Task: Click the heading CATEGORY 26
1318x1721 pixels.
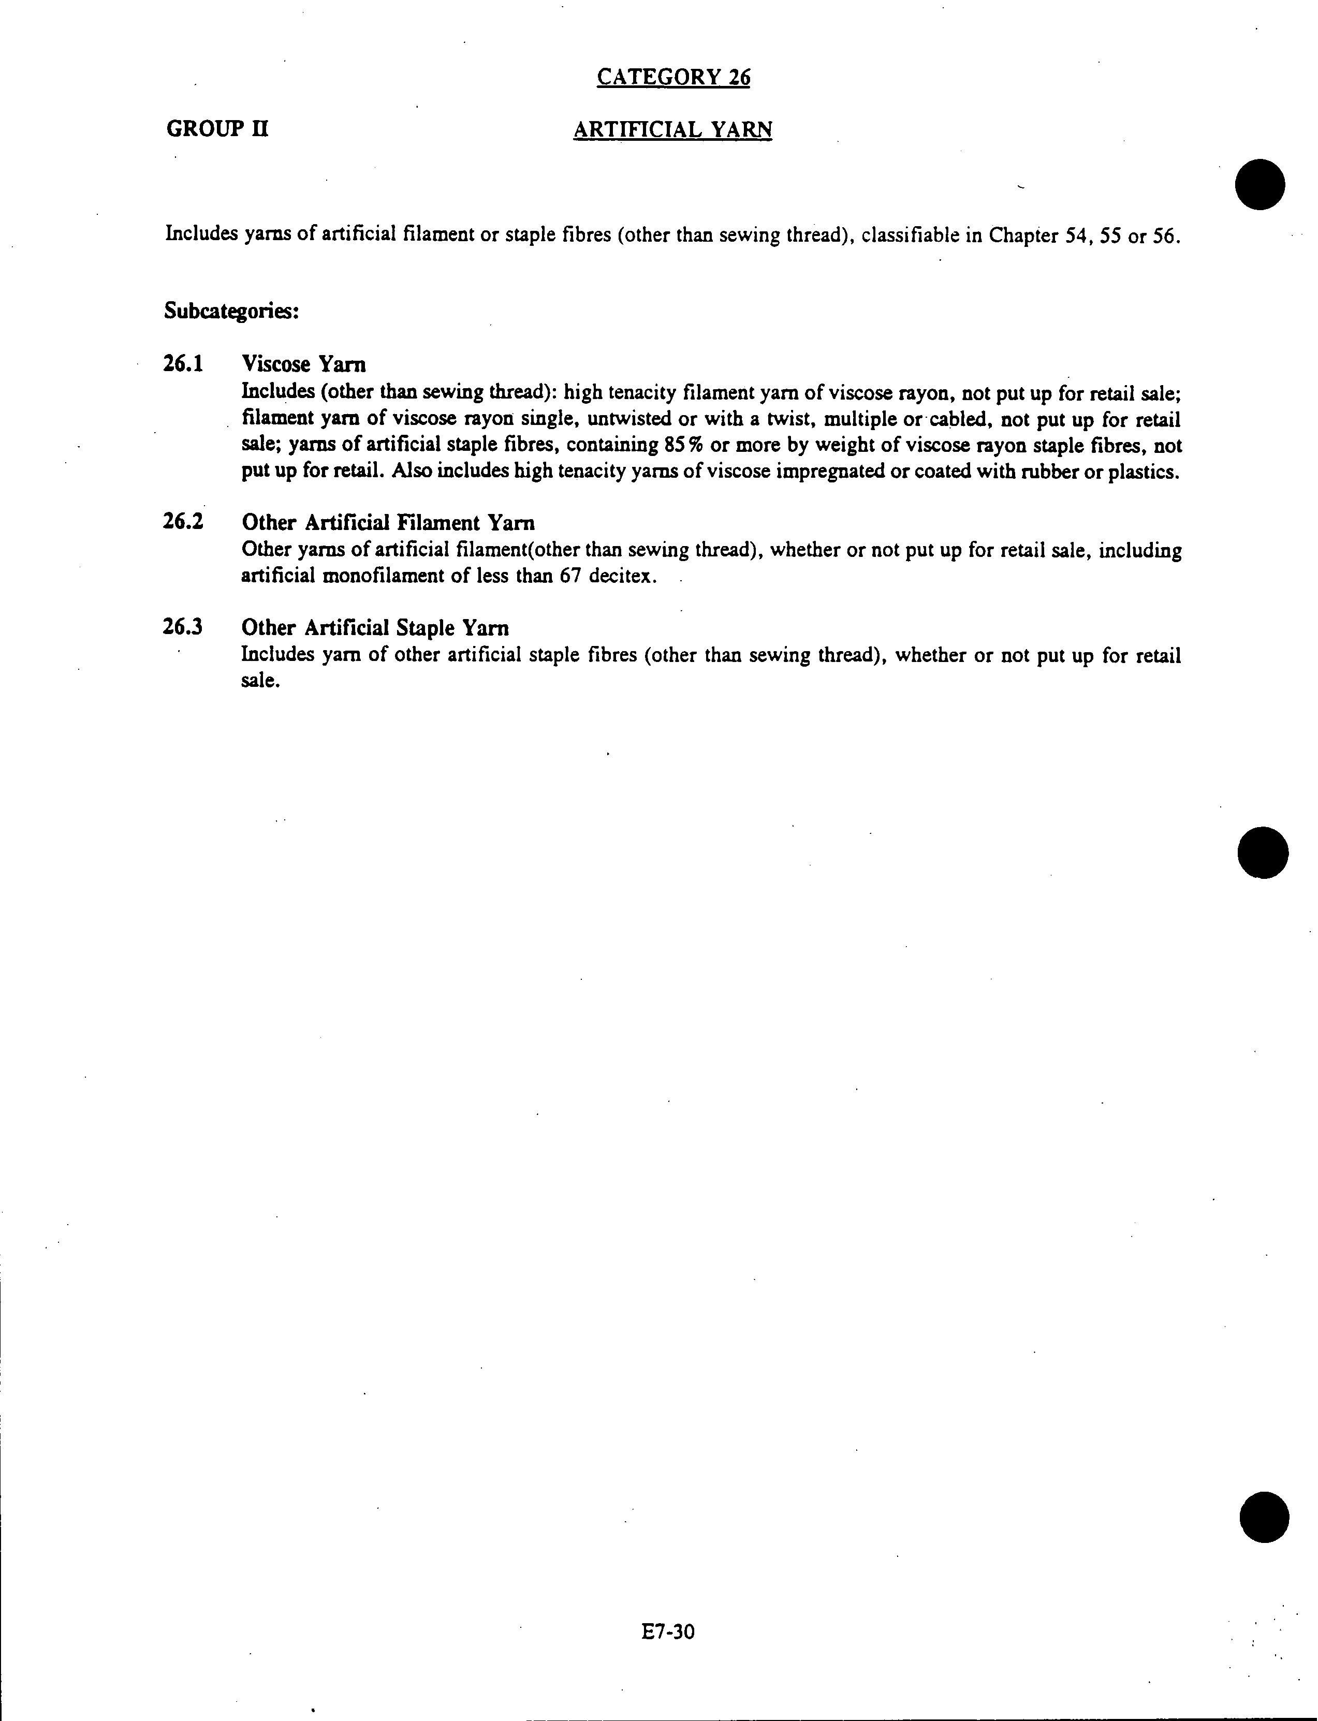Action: coord(673,77)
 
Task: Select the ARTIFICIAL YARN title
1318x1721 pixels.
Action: coord(672,129)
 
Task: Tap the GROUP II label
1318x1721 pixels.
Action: coord(217,129)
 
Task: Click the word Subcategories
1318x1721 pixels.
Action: coord(231,312)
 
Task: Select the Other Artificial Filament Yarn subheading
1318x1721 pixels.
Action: coord(388,522)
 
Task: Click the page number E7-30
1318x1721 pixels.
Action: coord(668,1632)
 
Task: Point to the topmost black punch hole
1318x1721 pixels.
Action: coord(1260,184)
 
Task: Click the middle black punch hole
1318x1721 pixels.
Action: coord(1263,852)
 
